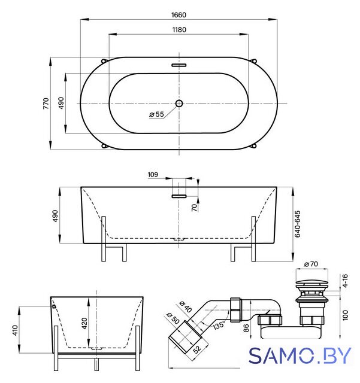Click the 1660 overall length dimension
pos(179,15)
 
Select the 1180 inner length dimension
pos(179,30)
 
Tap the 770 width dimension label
pos(46,104)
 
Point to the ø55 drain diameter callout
pos(156,114)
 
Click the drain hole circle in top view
pos(179,104)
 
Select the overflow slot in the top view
pos(179,65)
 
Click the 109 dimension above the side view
pos(153,175)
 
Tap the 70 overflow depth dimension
pos(194,208)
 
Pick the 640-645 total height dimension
pos(297,224)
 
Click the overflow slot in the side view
pos(179,196)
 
